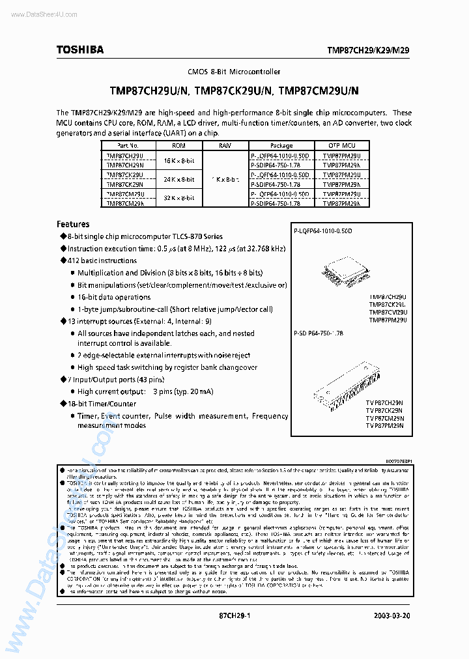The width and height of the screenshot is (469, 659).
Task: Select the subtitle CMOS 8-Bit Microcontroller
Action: point(234,70)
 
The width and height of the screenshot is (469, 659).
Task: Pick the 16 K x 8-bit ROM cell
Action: point(178,160)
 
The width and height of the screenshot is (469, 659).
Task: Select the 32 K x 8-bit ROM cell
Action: point(178,198)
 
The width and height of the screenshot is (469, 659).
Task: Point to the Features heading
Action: point(73,223)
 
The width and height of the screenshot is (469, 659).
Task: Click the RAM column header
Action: point(225,146)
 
